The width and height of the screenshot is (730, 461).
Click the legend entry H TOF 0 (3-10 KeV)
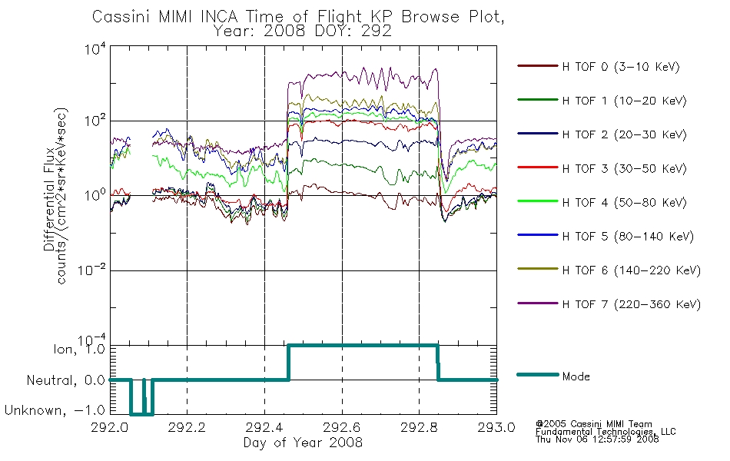pyautogui.click(x=621, y=67)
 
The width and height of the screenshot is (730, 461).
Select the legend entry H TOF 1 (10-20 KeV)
pyautogui.click(x=624, y=101)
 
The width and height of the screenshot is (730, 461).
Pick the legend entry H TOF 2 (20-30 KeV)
pyautogui.click(x=624, y=134)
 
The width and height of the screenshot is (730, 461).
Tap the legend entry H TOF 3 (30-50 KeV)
pyautogui.click(x=624, y=168)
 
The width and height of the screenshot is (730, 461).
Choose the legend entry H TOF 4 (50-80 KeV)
pyautogui.click(x=624, y=203)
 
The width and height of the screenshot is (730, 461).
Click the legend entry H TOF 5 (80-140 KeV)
pyautogui.click(x=628, y=237)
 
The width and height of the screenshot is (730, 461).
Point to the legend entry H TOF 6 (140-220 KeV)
pyautogui.click(x=632, y=270)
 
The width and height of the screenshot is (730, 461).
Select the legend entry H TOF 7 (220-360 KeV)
pyautogui.click(x=632, y=304)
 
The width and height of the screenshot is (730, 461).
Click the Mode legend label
pyautogui.click(x=576, y=376)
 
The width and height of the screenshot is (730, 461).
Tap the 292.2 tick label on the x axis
pyautogui.click(x=187, y=427)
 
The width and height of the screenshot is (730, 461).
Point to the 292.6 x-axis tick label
pyautogui.click(x=342, y=427)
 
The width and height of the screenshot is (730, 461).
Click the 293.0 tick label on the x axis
pyautogui.click(x=496, y=427)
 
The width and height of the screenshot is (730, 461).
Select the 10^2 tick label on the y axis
pyautogui.click(x=95, y=120)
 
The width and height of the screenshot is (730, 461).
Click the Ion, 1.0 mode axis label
pyautogui.click(x=79, y=350)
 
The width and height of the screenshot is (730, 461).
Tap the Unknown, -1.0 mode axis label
pyautogui.click(x=55, y=410)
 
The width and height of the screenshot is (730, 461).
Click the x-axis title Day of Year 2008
pyautogui.click(x=303, y=443)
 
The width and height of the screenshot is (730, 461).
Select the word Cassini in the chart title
pyautogui.click(x=122, y=17)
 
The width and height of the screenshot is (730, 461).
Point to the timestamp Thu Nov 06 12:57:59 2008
pyautogui.click(x=597, y=439)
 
